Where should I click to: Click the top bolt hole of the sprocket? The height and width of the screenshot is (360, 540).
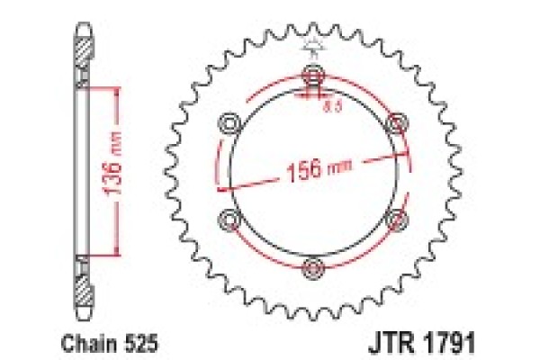pos(312,73)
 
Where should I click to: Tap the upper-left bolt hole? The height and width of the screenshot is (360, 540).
pos(229,121)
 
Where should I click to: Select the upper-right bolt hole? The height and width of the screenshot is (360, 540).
pos(396,121)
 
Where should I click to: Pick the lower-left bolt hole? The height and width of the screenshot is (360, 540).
pos(229,217)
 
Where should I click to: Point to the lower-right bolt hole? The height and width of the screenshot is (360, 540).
pos(396,217)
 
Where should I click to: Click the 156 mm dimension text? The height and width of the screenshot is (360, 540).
pos(312,168)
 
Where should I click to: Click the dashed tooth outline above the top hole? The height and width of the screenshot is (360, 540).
pos(312,46)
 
